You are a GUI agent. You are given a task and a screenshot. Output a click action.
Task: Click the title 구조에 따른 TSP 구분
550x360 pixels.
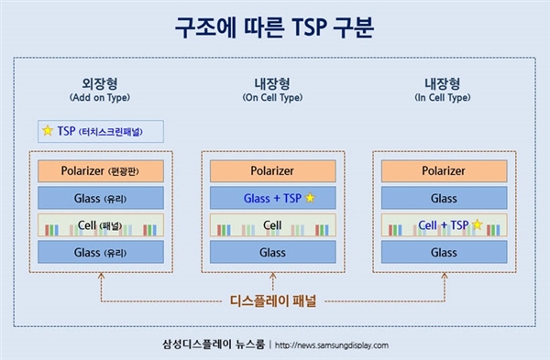(275, 27)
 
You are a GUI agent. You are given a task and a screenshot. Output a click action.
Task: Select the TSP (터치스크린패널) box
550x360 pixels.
(101, 131)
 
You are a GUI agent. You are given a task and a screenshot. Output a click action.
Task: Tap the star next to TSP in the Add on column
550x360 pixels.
(48, 131)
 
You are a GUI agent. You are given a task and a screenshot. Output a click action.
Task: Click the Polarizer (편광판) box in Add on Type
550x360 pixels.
(101, 170)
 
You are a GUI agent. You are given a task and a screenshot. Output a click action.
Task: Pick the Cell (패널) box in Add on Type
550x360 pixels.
(101, 225)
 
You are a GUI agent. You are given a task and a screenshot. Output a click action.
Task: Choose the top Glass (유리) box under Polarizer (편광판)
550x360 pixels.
(101, 198)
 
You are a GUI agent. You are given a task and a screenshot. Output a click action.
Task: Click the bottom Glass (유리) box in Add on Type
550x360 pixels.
(101, 252)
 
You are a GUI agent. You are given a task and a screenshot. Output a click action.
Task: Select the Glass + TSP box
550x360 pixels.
(272, 198)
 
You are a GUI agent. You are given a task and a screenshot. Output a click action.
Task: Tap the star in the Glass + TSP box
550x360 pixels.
(310, 198)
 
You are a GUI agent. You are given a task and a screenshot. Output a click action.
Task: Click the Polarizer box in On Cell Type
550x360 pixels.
(272, 170)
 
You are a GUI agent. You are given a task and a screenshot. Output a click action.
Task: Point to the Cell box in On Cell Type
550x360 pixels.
(272, 225)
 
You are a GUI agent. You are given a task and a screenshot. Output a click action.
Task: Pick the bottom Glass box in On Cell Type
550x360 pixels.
(272, 252)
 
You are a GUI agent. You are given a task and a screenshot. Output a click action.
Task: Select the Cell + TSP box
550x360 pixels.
(443, 225)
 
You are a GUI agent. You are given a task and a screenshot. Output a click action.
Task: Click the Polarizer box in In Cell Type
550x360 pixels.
(443, 170)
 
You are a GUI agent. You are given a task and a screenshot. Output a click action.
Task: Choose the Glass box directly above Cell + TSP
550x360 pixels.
(443, 198)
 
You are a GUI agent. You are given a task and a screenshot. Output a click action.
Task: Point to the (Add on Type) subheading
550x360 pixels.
(101, 97)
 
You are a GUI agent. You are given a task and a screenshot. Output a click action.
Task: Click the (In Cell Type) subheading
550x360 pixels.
(443, 97)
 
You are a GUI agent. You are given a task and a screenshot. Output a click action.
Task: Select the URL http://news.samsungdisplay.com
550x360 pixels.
(331, 345)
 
